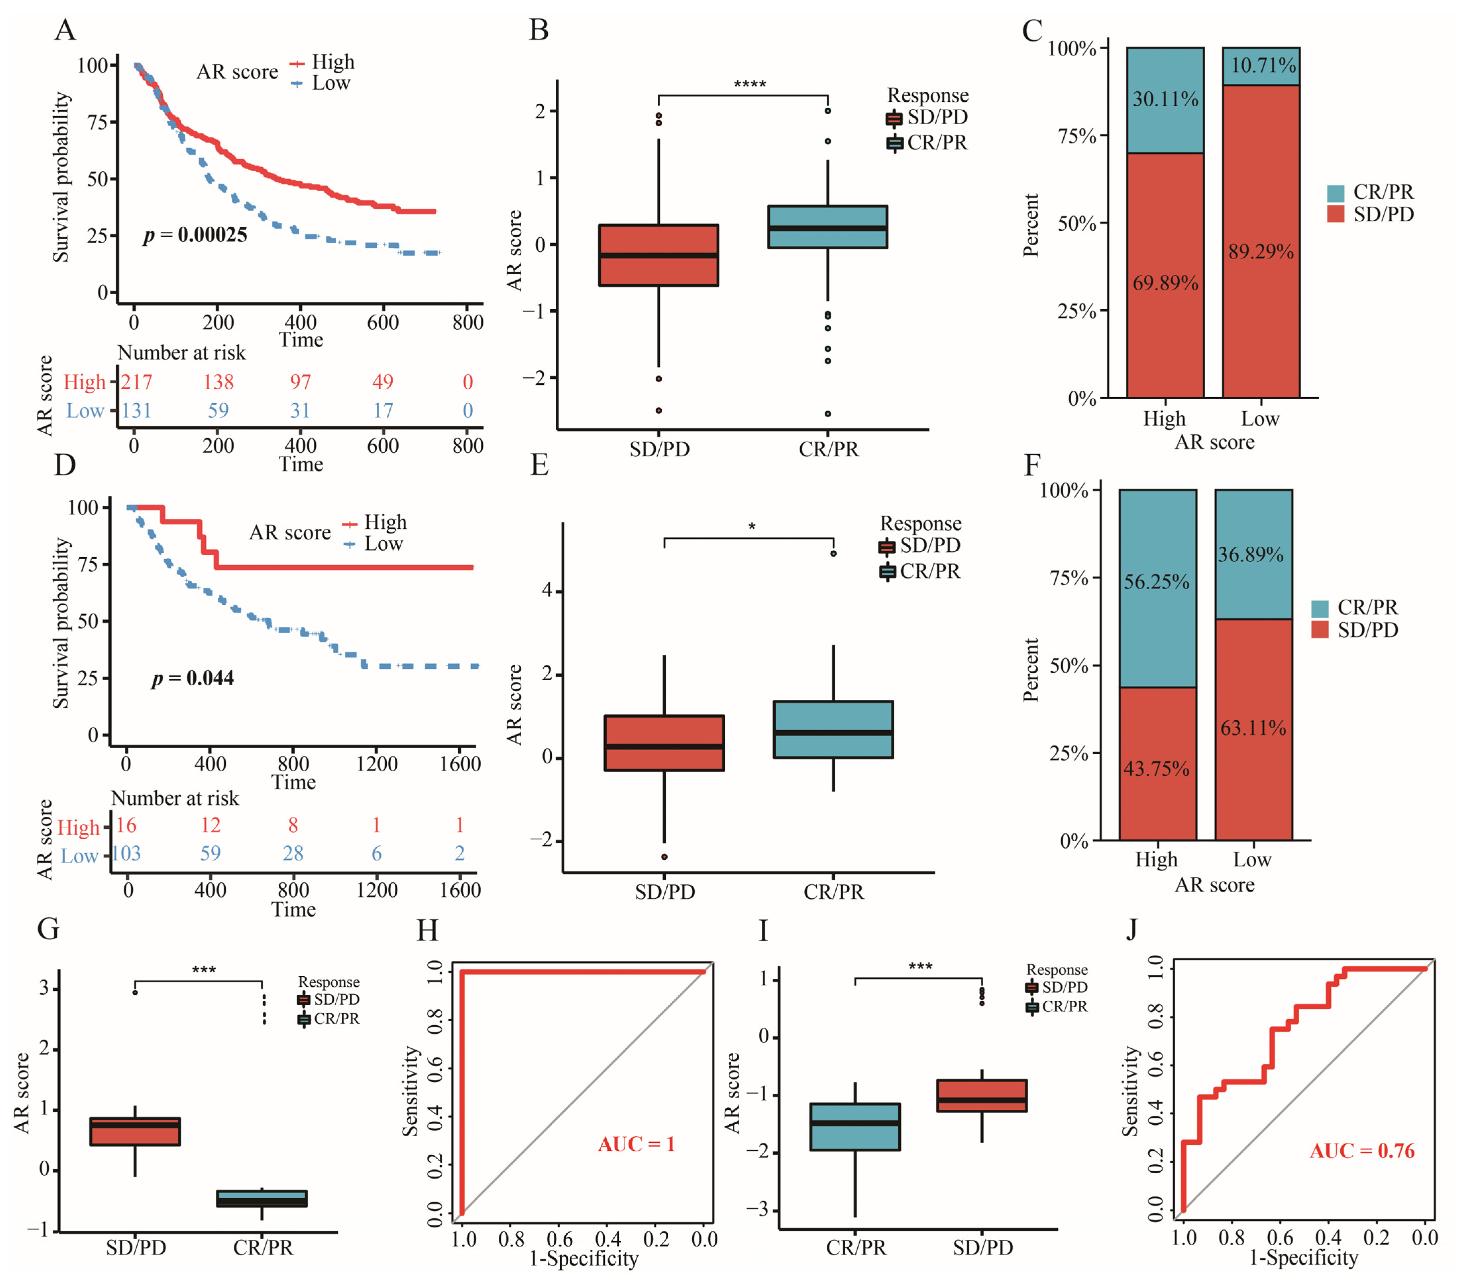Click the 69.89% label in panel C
click(x=1165, y=283)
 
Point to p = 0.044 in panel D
click(x=193, y=678)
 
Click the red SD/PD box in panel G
click(x=135, y=1131)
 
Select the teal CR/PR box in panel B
click(x=827, y=227)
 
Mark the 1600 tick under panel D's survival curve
click(x=460, y=764)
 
